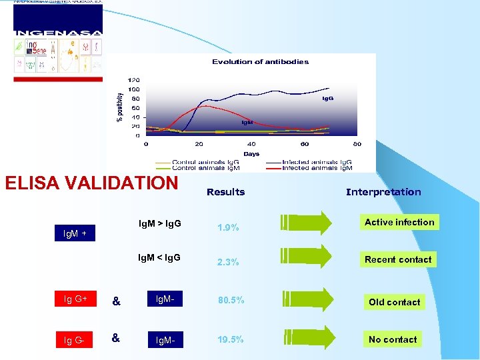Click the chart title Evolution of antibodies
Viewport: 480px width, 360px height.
pyautogui.click(x=260, y=62)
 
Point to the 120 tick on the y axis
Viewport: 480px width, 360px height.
pyautogui.click(x=134, y=80)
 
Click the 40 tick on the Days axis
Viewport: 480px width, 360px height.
pyautogui.click(x=251, y=144)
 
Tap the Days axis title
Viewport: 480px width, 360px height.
pyautogui.click(x=251, y=153)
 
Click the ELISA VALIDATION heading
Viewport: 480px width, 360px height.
pyautogui.click(x=91, y=183)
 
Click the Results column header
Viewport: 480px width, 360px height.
pyautogui.click(x=225, y=192)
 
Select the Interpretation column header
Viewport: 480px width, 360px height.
pyautogui.click(x=383, y=192)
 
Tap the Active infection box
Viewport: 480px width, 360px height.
pyautogui.click(x=399, y=222)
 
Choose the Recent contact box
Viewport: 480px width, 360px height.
pyautogui.click(x=398, y=259)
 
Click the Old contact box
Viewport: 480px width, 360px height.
pyautogui.click(x=395, y=302)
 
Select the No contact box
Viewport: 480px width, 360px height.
pyautogui.click(x=393, y=339)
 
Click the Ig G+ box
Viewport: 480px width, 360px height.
pyautogui.click(x=75, y=299)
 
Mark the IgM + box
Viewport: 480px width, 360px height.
pyautogui.click(x=74, y=234)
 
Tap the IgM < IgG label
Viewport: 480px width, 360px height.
pyautogui.click(x=159, y=258)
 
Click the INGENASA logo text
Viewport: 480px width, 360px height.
pyautogui.click(x=58, y=33)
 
